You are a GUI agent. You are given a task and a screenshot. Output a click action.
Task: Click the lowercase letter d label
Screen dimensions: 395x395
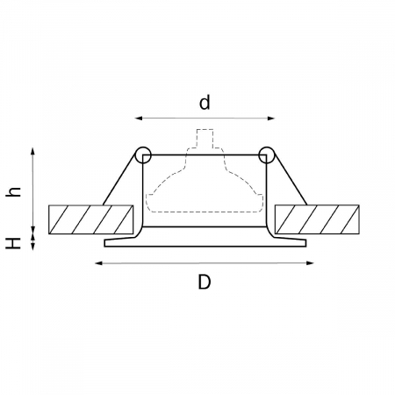pyautogui.click(x=205, y=103)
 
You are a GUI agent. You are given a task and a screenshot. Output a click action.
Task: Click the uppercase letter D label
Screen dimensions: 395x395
pyautogui.click(x=205, y=282)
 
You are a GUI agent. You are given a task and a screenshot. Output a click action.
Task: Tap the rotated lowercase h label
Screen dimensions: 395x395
pyautogui.click(x=13, y=191)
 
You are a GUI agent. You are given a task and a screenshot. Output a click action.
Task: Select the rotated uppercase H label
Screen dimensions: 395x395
pyautogui.click(x=13, y=243)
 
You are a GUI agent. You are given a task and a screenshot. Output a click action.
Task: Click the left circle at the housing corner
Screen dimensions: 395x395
pyautogui.click(x=143, y=154)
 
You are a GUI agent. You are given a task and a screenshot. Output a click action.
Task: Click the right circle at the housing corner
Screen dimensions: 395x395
pyautogui.click(x=266, y=154)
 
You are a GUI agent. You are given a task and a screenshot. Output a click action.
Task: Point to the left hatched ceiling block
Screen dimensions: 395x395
pyautogui.click(x=91, y=219)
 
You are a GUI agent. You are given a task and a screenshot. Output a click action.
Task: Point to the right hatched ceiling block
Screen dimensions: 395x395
pyautogui.click(x=317, y=219)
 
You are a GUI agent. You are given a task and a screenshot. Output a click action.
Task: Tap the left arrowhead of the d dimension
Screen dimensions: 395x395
pyautogui.click(x=138, y=118)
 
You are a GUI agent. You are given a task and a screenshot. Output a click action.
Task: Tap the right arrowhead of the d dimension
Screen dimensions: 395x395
pyautogui.click(x=271, y=118)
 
